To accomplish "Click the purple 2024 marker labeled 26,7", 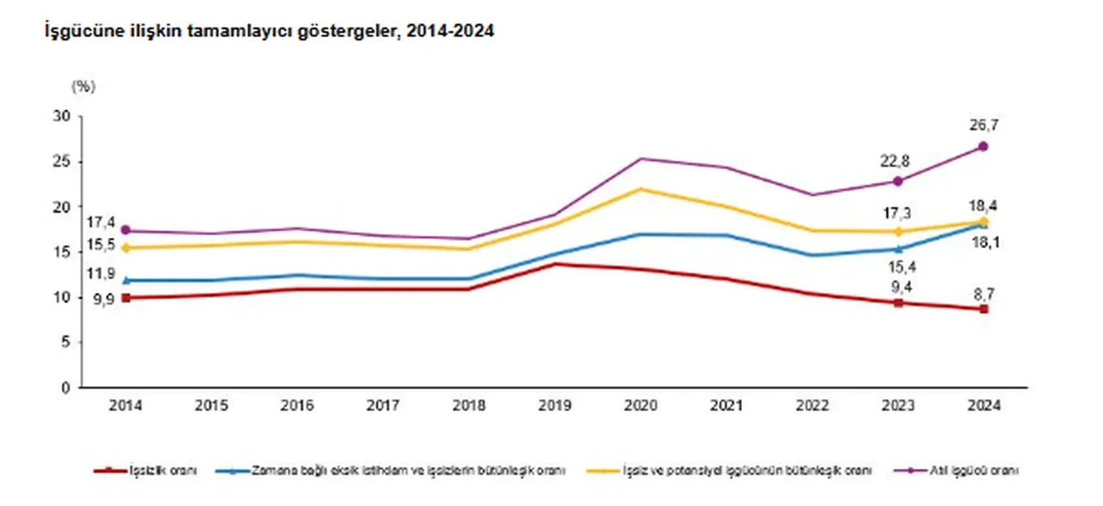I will (983, 147).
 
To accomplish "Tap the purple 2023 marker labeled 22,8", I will (898, 181).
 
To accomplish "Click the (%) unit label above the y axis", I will (83, 86).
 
